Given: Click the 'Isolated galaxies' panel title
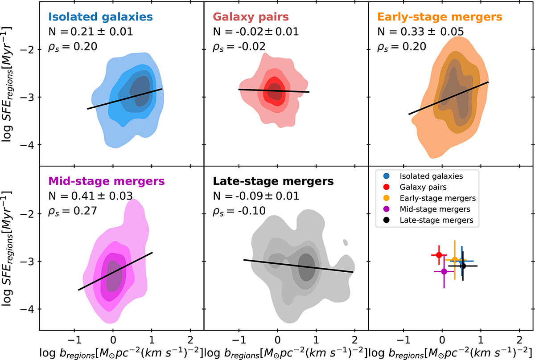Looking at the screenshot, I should click(x=100, y=17).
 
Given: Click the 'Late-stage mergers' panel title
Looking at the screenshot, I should click(x=273, y=181).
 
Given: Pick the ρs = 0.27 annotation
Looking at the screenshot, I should click(x=72, y=210).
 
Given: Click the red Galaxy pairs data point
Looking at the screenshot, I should click(x=439, y=254).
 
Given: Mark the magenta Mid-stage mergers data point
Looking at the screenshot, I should click(x=444, y=271).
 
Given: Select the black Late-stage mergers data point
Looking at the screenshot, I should click(x=463, y=266).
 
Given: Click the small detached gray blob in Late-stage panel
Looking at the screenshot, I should click(x=346, y=242).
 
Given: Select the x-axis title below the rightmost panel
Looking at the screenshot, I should click(x=451, y=349).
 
